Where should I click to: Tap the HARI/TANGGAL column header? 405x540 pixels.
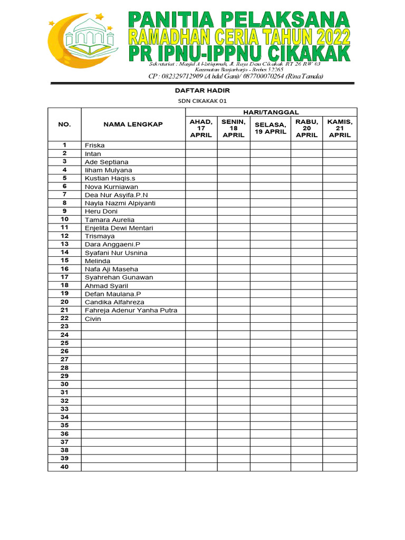[x=271, y=112]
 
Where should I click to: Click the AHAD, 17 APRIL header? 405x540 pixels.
[x=201, y=128]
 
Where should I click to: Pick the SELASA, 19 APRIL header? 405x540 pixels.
[x=270, y=128]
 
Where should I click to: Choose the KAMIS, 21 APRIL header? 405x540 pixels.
[x=340, y=128]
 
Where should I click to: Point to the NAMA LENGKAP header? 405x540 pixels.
[x=133, y=124]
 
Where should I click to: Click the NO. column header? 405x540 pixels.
[x=64, y=124]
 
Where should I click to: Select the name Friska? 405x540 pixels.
[x=94, y=146]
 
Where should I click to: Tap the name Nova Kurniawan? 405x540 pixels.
[x=111, y=187]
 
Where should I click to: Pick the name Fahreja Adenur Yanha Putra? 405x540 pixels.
[x=131, y=311]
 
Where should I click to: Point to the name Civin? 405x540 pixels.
[x=93, y=319]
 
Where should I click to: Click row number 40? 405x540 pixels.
[x=64, y=467]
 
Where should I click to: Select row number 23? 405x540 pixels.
[x=64, y=326]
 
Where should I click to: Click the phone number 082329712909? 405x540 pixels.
[x=178, y=76]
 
